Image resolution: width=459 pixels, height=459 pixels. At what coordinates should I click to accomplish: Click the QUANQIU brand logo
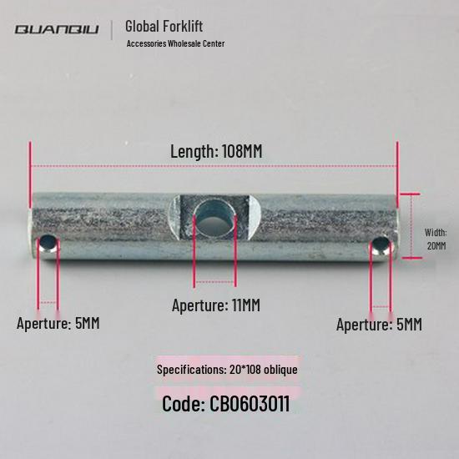point(57,29)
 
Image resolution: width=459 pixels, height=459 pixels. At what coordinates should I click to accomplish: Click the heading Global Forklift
point(164,26)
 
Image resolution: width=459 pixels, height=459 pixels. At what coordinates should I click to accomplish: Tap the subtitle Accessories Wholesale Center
point(175,43)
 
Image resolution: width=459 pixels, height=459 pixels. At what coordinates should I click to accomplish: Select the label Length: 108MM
point(216,151)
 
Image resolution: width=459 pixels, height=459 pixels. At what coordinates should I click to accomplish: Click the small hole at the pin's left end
point(48,244)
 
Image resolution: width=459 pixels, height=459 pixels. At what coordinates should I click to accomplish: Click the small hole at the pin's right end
point(381,245)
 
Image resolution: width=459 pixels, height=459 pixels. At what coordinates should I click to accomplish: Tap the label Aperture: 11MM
point(216,305)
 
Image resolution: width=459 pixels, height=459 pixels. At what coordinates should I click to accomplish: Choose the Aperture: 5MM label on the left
point(58,324)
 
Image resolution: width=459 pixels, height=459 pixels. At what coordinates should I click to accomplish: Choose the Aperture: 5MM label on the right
point(379,325)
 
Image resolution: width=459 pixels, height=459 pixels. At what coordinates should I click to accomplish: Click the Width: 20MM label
point(436,240)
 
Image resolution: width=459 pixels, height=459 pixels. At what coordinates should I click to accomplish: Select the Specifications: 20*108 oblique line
point(227,370)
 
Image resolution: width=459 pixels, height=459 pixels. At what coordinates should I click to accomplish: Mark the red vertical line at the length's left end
point(30,174)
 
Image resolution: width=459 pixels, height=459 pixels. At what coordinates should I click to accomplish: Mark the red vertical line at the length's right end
point(397,174)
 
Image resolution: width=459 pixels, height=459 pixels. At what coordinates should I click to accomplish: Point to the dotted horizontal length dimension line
point(214,166)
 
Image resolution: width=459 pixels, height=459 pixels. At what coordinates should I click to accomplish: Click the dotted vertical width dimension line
point(411,226)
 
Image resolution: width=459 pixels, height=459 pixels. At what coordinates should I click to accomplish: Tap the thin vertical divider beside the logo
point(112,30)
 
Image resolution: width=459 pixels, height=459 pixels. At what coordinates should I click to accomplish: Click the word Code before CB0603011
point(184,404)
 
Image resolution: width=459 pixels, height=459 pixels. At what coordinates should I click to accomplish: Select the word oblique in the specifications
point(280,370)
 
